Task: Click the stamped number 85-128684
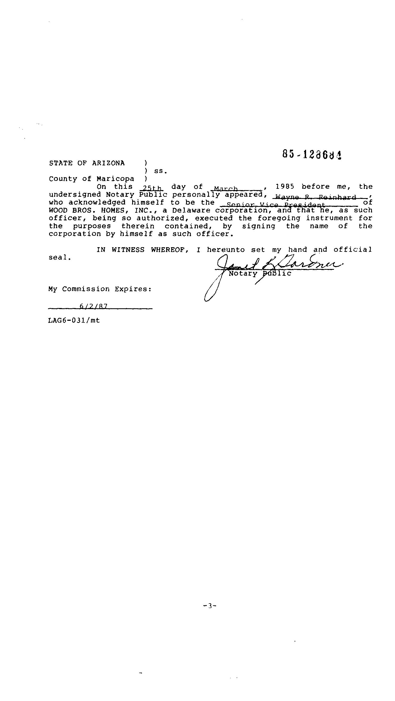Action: click(x=312, y=155)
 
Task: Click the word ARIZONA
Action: click(x=108, y=163)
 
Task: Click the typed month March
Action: click(x=226, y=189)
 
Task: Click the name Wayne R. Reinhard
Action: click(x=316, y=197)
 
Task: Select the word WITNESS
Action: click(x=128, y=250)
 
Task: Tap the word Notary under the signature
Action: click(x=243, y=273)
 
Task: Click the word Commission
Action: click(x=86, y=289)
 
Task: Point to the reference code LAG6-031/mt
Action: click(x=74, y=320)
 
